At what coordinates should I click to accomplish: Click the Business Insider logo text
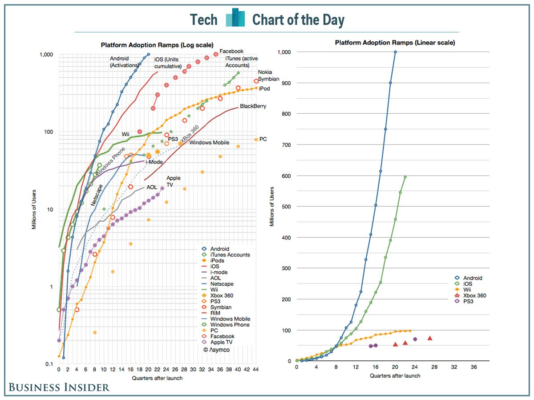point(59,387)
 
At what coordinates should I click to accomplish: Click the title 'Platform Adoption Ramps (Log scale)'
point(157,45)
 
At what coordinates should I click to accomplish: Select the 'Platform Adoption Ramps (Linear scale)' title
point(395,43)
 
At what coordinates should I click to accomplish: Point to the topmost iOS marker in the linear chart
point(405,177)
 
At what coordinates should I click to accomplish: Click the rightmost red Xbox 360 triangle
point(430,338)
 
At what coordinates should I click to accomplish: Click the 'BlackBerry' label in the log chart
point(253,106)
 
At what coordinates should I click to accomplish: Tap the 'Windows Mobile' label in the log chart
point(209,143)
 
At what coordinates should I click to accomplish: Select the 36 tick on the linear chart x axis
point(473,368)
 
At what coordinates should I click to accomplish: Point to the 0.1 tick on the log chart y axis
point(49,364)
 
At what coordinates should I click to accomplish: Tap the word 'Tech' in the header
point(204,20)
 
